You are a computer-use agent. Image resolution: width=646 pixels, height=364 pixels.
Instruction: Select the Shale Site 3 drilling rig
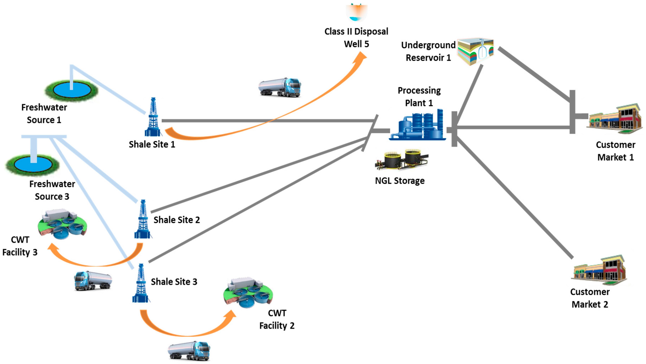point(141,283)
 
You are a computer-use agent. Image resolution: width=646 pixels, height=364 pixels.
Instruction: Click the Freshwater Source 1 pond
point(72,90)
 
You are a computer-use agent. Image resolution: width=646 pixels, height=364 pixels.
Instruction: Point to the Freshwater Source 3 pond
point(33,165)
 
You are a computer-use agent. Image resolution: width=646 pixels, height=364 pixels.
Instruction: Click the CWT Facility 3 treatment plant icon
point(62,223)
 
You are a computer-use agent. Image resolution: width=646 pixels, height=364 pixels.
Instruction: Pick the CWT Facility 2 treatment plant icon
point(248,292)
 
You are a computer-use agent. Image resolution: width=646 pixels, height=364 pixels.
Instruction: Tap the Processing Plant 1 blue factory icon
point(417,124)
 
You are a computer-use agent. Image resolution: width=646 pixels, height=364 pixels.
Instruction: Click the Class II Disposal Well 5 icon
point(357,12)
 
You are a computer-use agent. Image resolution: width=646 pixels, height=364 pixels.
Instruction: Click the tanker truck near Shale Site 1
point(280,87)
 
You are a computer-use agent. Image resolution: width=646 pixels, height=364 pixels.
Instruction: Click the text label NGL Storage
point(400,181)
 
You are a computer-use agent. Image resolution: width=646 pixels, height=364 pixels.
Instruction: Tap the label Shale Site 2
point(177,220)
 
